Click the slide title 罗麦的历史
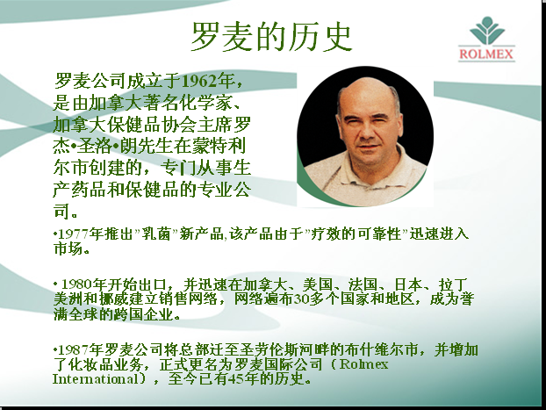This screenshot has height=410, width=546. [x=271, y=37]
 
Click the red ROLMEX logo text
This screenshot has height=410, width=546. [x=486, y=54]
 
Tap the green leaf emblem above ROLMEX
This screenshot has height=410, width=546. [x=487, y=31]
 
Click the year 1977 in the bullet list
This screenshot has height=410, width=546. [x=73, y=234]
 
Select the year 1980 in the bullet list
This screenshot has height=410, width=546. [x=76, y=284]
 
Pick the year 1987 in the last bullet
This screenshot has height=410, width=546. [x=73, y=349]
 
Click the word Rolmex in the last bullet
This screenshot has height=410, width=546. [x=364, y=364]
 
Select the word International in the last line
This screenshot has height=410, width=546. [x=95, y=379]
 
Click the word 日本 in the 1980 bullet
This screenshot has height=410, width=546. [x=409, y=284]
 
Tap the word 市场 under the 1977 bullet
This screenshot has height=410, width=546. [x=68, y=248]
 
